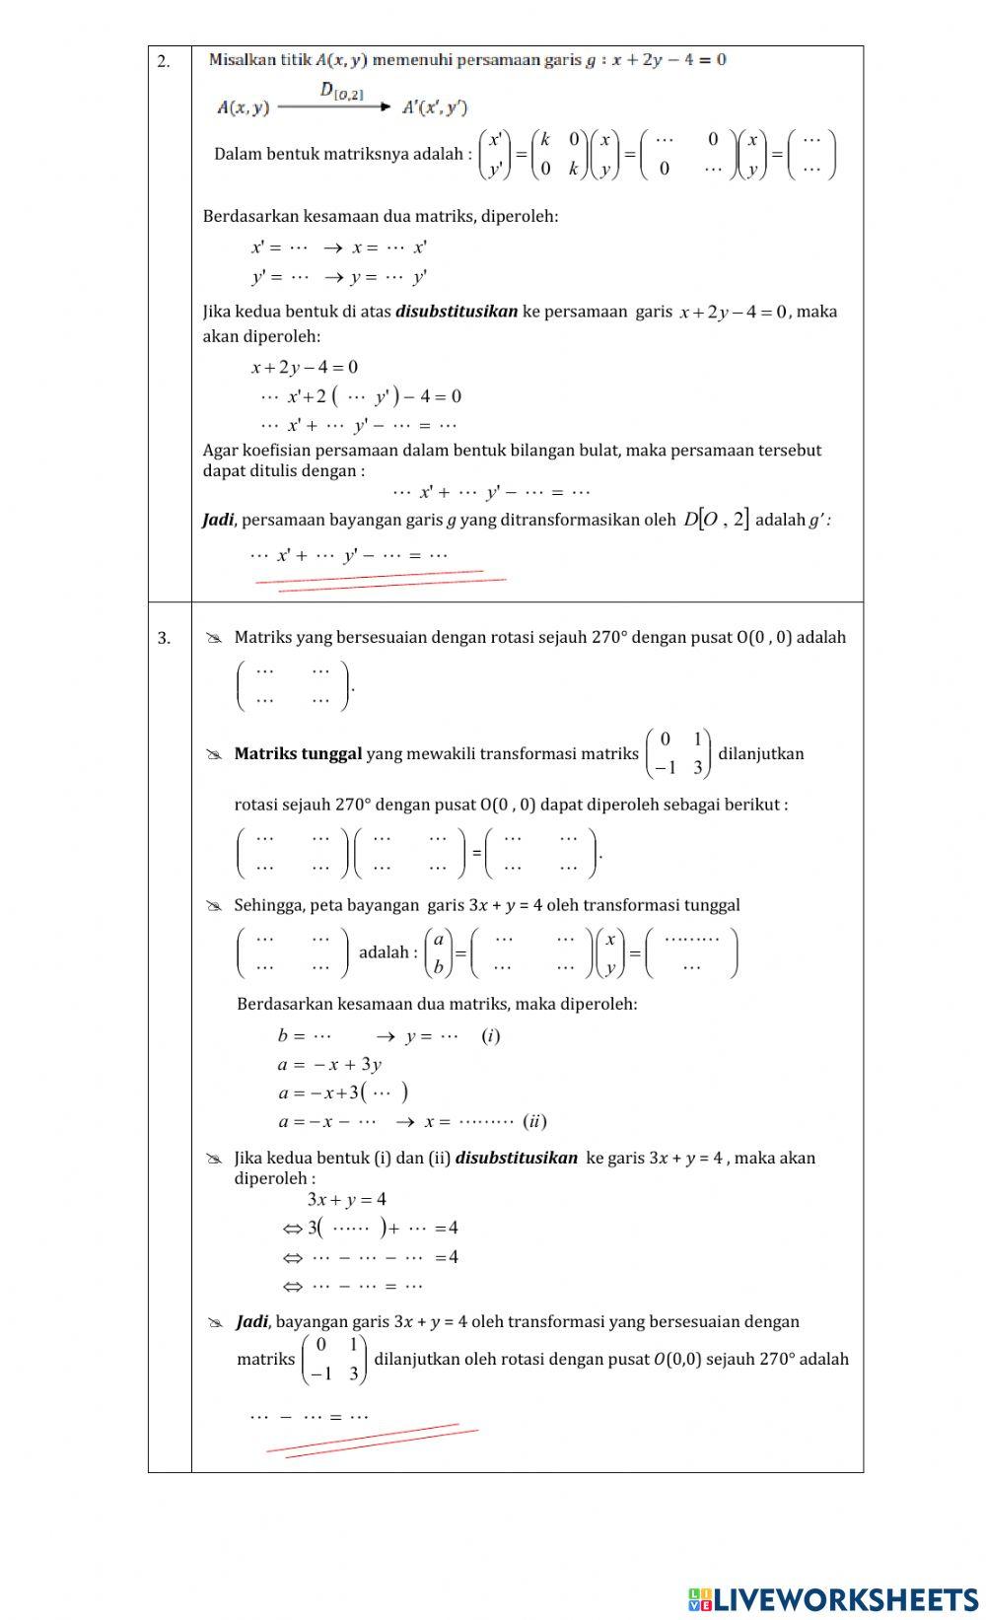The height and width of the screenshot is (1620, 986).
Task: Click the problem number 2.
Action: (x=163, y=62)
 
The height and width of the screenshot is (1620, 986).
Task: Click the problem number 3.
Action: (x=164, y=639)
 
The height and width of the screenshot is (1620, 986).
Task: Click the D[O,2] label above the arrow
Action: (x=341, y=92)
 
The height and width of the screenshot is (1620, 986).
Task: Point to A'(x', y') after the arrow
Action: (x=435, y=108)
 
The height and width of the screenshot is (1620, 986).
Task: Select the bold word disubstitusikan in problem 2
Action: (x=456, y=312)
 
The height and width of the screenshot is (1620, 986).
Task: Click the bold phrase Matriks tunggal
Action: (x=298, y=754)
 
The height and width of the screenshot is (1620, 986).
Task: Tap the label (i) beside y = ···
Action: (x=491, y=1036)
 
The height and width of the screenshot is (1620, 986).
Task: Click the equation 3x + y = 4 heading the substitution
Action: (x=347, y=1200)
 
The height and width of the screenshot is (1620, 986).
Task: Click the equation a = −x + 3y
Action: (x=329, y=1065)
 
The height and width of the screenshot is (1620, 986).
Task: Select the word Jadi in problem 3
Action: (x=251, y=1322)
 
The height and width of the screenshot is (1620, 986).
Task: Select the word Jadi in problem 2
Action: (x=217, y=520)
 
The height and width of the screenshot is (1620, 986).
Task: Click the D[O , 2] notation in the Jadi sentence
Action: (x=716, y=519)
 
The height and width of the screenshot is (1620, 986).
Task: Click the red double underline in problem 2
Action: (x=380, y=581)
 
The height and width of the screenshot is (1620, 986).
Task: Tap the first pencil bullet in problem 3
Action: (x=214, y=639)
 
